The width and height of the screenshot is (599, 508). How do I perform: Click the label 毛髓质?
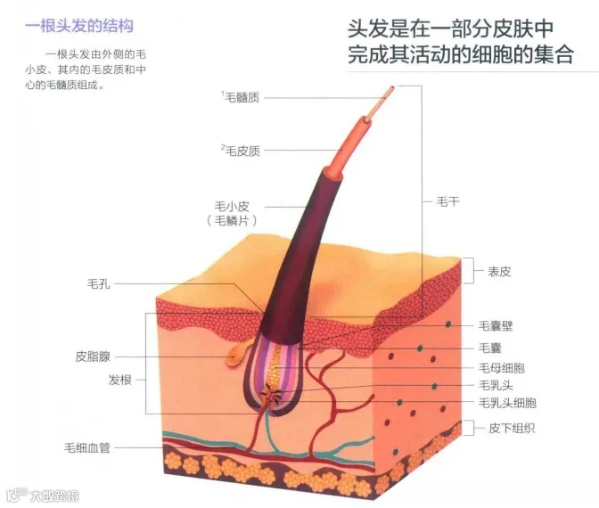click(x=242, y=98)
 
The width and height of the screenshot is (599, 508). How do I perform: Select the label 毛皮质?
click(x=242, y=151)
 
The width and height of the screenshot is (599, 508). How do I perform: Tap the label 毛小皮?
click(x=232, y=204)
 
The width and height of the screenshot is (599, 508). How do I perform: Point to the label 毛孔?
click(x=98, y=284)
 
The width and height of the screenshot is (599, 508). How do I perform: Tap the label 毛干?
click(x=448, y=201)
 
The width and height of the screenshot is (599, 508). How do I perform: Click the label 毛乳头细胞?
click(x=506, y=404)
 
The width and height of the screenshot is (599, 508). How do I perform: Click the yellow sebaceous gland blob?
click(x=235, y=356)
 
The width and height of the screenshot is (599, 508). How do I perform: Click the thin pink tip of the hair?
click(x=385, y=96)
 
